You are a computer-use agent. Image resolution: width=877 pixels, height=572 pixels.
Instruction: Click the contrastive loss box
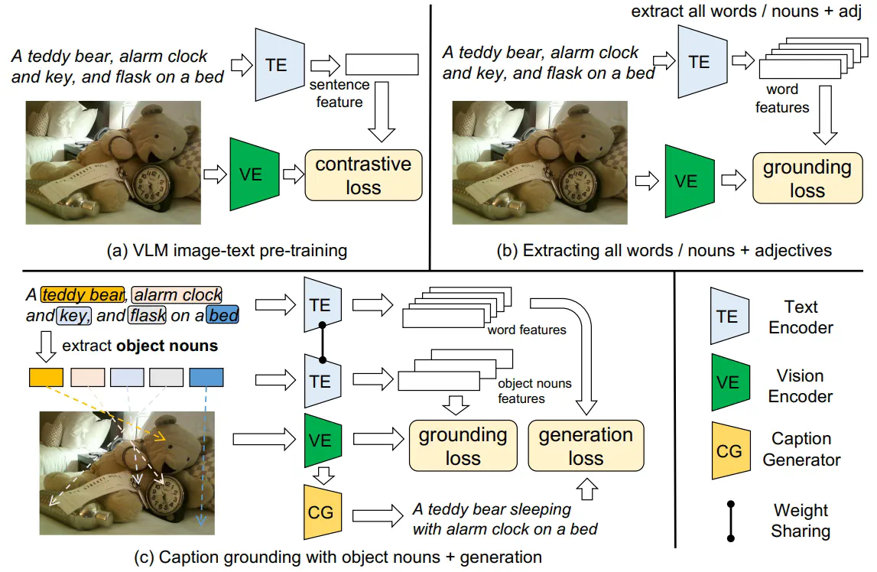pos(363,175)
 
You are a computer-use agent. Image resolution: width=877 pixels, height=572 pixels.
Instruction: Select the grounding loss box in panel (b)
pos(807,178)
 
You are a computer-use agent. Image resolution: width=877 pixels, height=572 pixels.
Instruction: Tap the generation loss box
pos(586,446)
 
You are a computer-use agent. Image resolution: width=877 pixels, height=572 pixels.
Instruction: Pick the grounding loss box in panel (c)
pos(463,446)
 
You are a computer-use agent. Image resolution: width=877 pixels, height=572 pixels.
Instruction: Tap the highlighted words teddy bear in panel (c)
pos(83,294)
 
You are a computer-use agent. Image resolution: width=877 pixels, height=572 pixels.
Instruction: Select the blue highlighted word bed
pos(222,314)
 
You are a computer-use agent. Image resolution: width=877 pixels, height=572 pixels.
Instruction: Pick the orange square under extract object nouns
pos(45,377)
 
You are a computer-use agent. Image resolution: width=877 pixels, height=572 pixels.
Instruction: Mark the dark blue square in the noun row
pos(206,377)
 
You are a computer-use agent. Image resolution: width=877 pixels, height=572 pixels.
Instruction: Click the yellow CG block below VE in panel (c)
pos(321,512)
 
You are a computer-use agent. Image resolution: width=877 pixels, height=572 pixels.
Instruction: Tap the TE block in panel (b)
pos(699,62)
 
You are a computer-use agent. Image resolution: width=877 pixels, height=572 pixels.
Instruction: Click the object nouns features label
pos(534,390)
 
